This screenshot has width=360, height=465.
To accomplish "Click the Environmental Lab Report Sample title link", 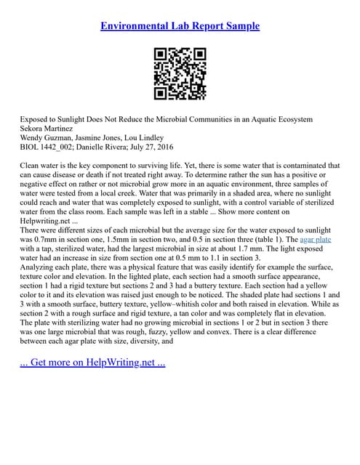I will (x=180, y=26).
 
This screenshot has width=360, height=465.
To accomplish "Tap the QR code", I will (x=180, y=73).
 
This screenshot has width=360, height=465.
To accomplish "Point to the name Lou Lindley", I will (x=145, y=137).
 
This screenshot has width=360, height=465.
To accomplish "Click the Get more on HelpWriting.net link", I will (x=92, y=363).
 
